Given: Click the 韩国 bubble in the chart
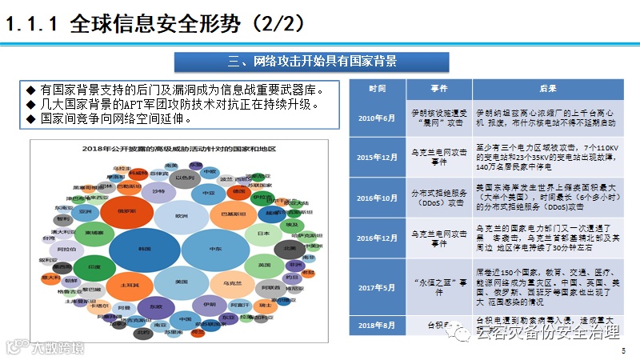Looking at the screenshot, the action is pyautogui.click(x=144, y=249).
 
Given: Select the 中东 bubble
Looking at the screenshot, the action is pyautogui.click(x=215, y=249).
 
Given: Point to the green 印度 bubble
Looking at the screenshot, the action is pyautogui.click(x=94, y=266).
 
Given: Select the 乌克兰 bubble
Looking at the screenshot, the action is pyautogui.click(x=233, y=283).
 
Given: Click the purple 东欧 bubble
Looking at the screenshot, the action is pyautogui.click(x=156, y=306).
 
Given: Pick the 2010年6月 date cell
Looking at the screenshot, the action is pyautogui.click(x=378, y=118).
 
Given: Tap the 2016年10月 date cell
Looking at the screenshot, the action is pyautogui.click(x=378, y=196).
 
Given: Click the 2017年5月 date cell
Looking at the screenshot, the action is pyautogui.click(x=378, y=287).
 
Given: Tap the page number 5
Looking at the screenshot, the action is pyautogui.click(x=623, y=351).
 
